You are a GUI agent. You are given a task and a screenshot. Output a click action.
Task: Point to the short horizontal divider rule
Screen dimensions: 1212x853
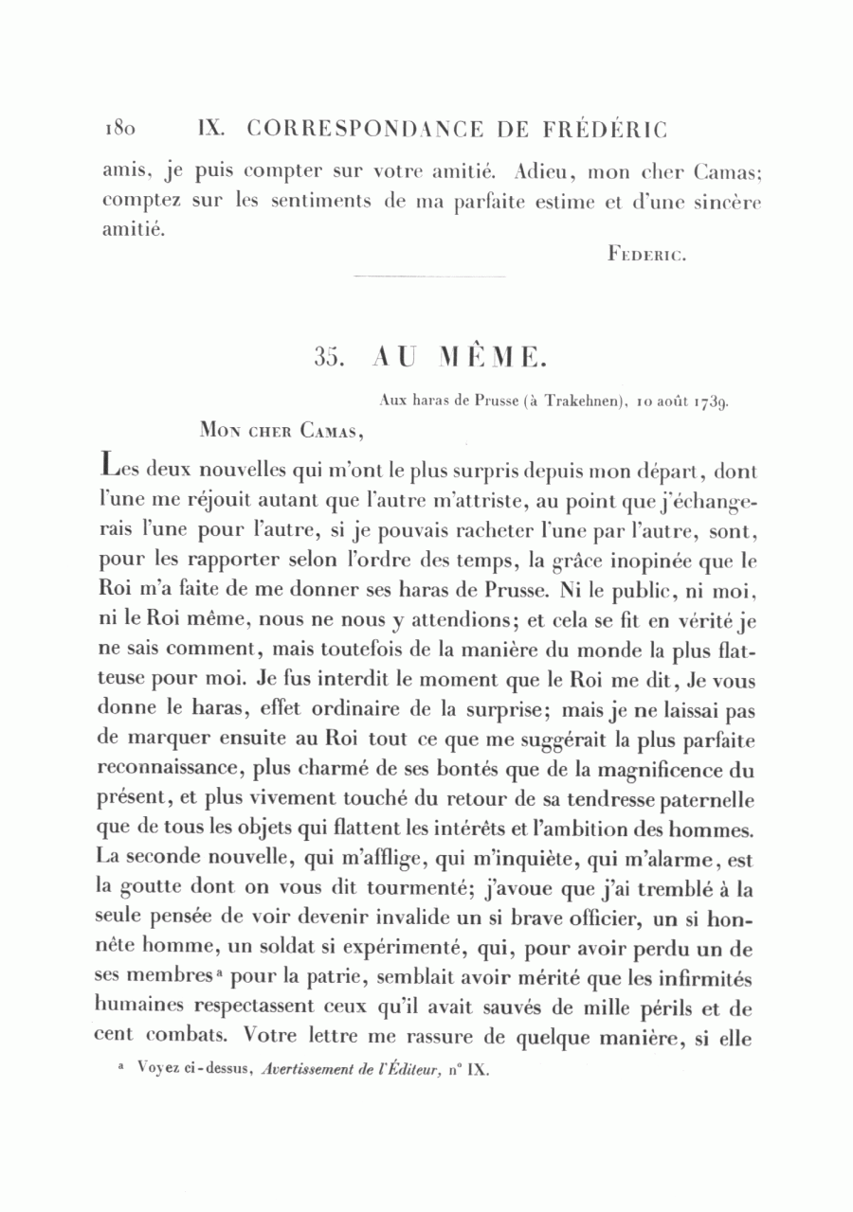point(428,276)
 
